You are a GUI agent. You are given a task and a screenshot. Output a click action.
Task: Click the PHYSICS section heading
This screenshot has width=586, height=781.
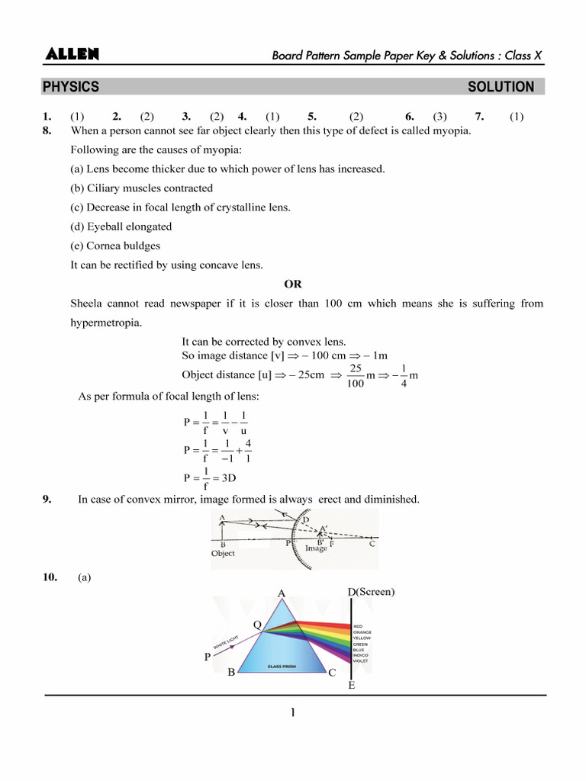tap(71, 87)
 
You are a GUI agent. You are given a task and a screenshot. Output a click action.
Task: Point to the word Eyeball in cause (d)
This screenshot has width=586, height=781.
tap(107, 227)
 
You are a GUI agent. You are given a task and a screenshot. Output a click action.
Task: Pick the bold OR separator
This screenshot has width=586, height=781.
tap(293, 284)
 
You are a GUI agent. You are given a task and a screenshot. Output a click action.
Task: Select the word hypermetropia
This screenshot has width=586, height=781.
tap(105, 323)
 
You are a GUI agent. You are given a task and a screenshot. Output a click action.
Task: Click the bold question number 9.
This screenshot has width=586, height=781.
tap(47, 499)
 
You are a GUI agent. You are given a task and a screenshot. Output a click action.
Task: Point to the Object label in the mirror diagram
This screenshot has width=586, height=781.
tap(223, 554)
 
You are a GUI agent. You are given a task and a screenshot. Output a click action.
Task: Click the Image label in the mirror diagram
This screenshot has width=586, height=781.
tap(316, 548)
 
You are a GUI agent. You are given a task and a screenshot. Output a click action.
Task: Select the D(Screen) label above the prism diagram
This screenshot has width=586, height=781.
tap(371, 592)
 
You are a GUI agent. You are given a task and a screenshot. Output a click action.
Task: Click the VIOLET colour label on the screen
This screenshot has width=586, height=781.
tap(361, 660)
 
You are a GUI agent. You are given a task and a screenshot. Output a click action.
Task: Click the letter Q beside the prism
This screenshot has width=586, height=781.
tap(257, 625)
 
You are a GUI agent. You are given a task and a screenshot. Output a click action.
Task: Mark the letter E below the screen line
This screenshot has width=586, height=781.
tap(351, 686)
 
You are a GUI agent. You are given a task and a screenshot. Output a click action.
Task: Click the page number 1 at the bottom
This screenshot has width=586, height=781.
tap(292, 714)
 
